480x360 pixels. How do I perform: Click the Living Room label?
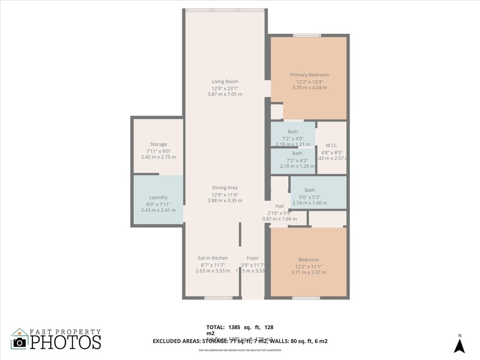[x=225, y=82]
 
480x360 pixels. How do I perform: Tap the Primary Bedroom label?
[x=309, y=75]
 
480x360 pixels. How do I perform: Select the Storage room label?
[x=158, y=144]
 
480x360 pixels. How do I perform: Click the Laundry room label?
[x=158, y=198]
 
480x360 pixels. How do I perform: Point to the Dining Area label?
[x=225, y=188]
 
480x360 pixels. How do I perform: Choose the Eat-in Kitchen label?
[x=213, y=258]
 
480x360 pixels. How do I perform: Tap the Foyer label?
[x=253, y=258]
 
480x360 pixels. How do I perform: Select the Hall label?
[x=279, y=206]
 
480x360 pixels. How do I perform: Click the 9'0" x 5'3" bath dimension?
[x=309, y=197]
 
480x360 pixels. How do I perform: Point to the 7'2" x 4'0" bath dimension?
[x=293, y=138]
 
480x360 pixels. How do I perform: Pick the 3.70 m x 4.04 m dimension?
[x=309, y=88]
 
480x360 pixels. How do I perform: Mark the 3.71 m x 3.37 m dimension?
[x=308, y=272]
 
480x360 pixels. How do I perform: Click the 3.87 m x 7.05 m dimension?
[x=225, y=94]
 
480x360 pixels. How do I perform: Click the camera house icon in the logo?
[x=20, y=339]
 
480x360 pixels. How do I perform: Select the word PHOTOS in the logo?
[x=66, y=342]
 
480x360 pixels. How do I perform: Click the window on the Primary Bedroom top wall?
[x=307, y=35]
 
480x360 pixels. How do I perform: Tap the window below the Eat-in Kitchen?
[x=218, y=298]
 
